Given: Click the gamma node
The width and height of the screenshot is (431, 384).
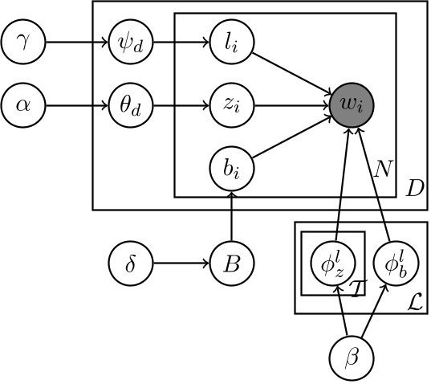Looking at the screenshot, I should point(22,40).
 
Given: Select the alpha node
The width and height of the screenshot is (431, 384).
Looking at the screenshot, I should point(22,103).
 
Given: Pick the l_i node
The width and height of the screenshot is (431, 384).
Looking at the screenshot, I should point(231,40).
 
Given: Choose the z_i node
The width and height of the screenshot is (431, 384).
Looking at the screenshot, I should point(231,103).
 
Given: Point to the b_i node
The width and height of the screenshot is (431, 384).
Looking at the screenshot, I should point(231,167).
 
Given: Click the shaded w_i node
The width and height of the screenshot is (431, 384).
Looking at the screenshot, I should point(352,103).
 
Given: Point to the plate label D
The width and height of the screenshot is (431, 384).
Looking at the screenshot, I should point(415,190).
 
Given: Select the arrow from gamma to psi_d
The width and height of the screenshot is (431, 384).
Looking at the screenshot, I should point(75,40).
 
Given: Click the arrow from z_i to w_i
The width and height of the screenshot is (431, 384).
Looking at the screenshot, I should point(291,103).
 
